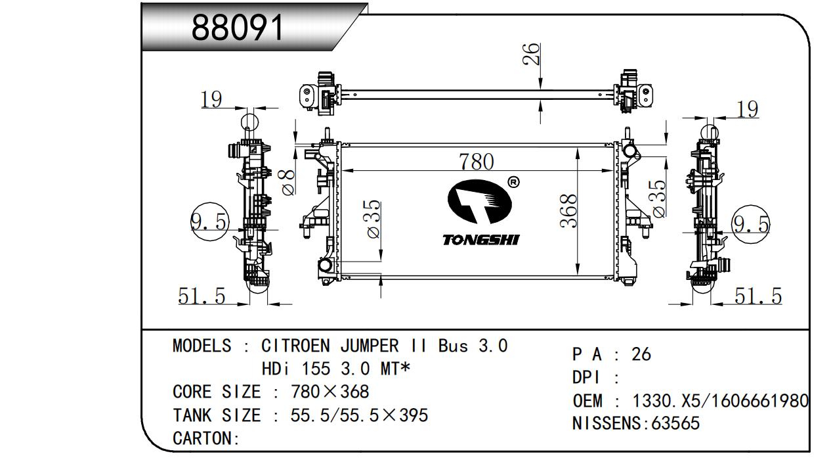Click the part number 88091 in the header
click(238, 28)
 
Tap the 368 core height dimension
click(568, 211)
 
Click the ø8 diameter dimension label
click(288, 181)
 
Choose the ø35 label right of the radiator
click(658, 198)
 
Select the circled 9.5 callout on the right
click(750, 225)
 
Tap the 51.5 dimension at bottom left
click(202, 296)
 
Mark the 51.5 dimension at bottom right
click(757, 296)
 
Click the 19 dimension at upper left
click(211, 99)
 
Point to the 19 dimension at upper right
click(747, 109)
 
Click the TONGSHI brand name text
click(480, 240)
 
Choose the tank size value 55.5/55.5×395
click(359, 415)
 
